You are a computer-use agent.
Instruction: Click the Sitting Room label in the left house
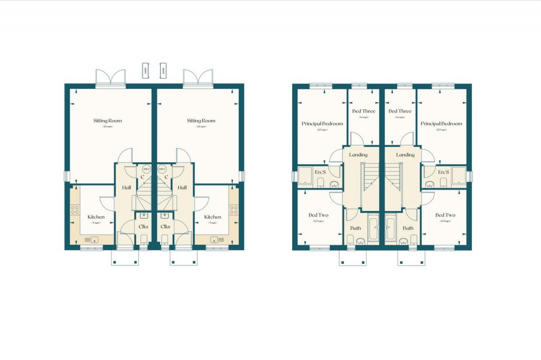pos(108,121)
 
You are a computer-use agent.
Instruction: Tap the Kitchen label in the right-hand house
pos(212,217)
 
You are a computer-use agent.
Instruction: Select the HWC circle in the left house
pos(146,169)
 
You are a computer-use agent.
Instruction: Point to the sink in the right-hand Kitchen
pos(215,240)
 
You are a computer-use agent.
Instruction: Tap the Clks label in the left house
pos(143,226)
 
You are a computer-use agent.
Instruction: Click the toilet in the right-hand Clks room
pos(165,239)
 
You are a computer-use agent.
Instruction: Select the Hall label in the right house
pos(182,187)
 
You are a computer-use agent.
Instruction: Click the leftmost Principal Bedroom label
pos(322,124)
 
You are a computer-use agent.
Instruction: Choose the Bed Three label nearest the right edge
pos(400,111)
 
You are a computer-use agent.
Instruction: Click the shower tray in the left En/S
pos(305,176)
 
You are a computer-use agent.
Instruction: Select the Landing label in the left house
pos(362,155)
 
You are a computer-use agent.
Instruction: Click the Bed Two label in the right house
pos(445,215)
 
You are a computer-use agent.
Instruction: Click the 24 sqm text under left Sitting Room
pos(108,127)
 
